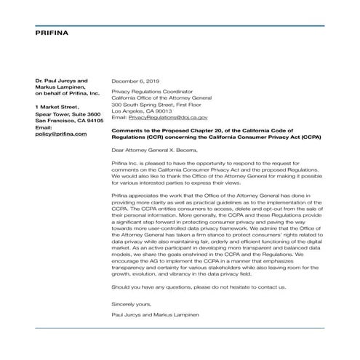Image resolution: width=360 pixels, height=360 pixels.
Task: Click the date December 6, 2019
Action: point(135,81)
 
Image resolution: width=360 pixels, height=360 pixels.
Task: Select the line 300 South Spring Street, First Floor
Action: point(159,104)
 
